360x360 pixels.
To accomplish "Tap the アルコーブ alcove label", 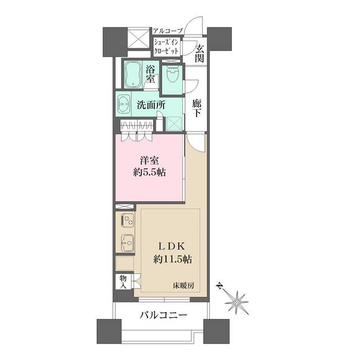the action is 168,31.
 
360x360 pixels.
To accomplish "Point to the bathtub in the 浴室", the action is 133,75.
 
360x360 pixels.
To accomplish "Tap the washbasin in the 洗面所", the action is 123,104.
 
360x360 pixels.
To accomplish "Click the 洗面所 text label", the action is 151,105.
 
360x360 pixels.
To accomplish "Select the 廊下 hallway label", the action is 197,109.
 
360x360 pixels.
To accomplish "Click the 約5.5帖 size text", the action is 150,172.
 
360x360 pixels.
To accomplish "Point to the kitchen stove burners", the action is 127,219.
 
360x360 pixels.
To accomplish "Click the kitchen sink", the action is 127,243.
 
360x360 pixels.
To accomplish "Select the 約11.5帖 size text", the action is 173,259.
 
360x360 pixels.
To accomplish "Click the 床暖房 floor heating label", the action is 184,286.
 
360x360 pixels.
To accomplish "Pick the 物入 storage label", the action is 123,282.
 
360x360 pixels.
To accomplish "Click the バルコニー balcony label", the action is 163,315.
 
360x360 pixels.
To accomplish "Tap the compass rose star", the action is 236,303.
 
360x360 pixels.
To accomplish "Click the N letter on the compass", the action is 220,286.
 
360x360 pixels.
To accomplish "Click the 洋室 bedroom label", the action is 150,160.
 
